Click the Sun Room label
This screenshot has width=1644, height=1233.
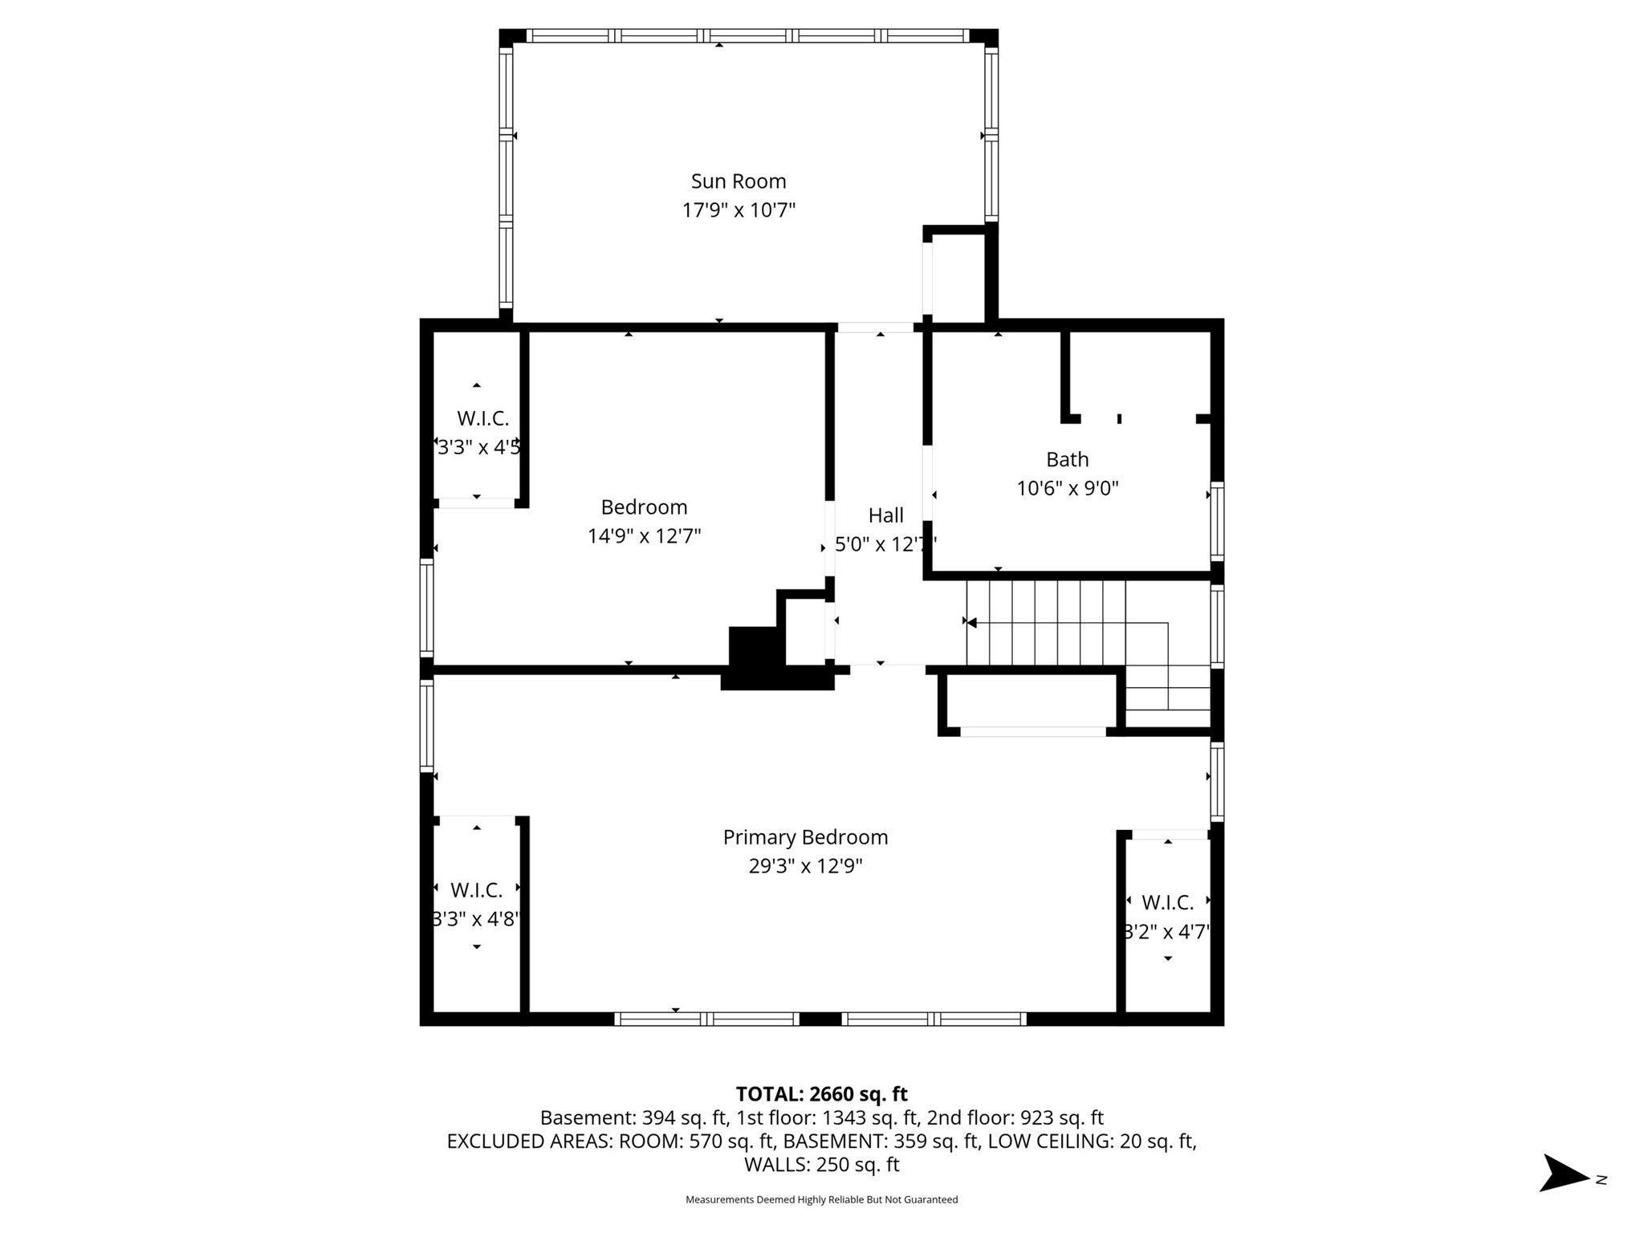click(x=739, y=181)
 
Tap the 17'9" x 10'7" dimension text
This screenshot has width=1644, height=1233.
click(x=739, y=210)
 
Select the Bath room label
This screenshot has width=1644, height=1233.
click(x=1067, y=459)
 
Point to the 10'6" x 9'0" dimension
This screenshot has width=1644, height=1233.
click(x=1067, y=488)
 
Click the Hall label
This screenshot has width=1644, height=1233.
click(x=885, y=515)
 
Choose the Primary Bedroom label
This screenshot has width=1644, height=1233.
click(x=805, y=837)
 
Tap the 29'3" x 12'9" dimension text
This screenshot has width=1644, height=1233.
click(x=805, y=866)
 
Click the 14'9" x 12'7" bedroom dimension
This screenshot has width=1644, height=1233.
click(x=644, y=536)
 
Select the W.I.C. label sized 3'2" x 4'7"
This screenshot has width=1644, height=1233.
click(x=1167, y=903)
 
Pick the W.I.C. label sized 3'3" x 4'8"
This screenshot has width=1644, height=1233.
click(x=476, y=890)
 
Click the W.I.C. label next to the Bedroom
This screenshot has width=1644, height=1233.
click(x=482, y=418)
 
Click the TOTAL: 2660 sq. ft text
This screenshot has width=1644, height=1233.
click(x=821, y=1094)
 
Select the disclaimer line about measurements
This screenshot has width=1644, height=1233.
click(x=821, y=1199)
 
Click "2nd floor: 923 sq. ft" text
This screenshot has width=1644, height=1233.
click(x=1015, y=1117)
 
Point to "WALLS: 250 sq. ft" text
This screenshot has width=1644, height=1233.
click(x=821, y=1164)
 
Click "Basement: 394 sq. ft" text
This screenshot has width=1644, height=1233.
click(x=633, y=1117)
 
